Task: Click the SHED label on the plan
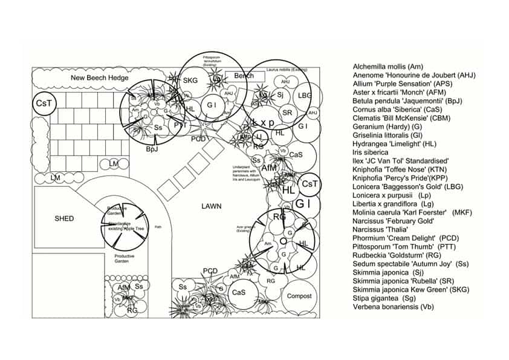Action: point(64,218)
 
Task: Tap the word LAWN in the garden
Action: point(212,206)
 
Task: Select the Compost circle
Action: point(299,296)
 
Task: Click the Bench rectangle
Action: point(244,76)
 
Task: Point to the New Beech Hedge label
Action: point(99,78)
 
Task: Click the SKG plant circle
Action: point(190,80)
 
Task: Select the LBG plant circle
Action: point(305,96)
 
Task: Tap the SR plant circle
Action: point(288,113)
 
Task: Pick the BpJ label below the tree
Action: point(152,149)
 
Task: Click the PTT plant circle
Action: point(180,125)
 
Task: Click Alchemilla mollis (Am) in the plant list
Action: point(387,67)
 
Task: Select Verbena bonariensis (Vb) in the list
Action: point(393,307)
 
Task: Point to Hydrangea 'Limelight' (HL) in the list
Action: point(402,143)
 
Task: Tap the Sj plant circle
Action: point(280,95)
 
